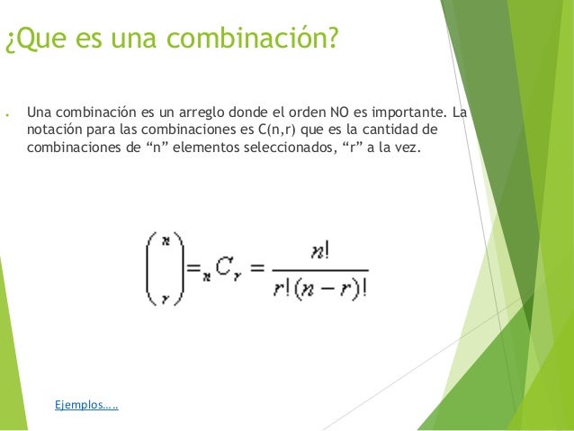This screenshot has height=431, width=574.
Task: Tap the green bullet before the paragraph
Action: point(7,115)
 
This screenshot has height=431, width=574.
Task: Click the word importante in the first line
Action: point(404,113)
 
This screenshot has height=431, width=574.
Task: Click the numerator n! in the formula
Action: point(318,253)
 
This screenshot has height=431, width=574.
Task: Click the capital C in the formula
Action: point(222,266)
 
